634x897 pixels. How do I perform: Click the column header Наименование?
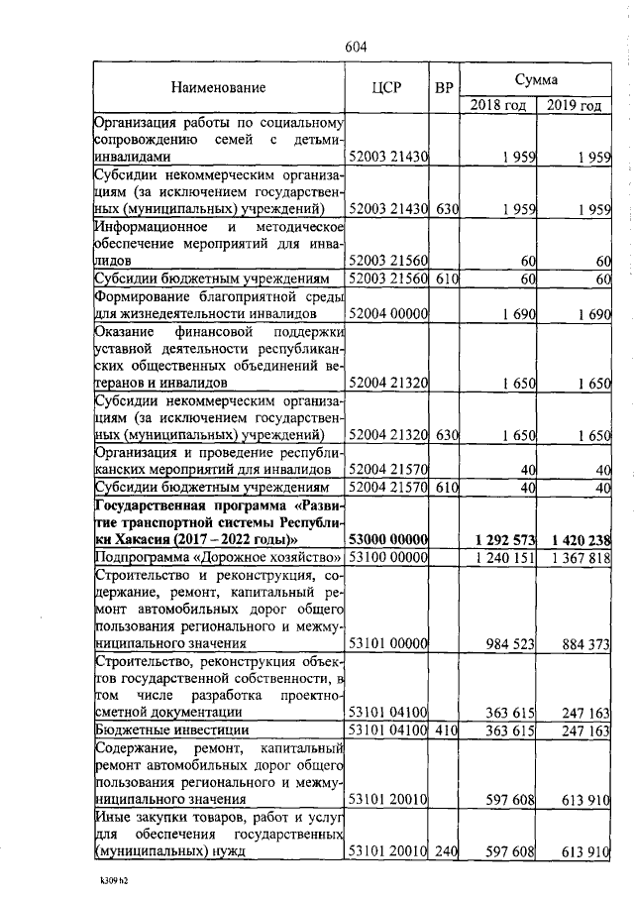coord(218,88)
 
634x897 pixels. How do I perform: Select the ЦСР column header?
coord(386,88)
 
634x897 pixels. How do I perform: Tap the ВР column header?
coord(444,88)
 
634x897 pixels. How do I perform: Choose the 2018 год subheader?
coord(497,105)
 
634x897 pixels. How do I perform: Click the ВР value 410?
coord(445,730)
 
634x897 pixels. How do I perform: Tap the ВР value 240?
coord(445,851)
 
